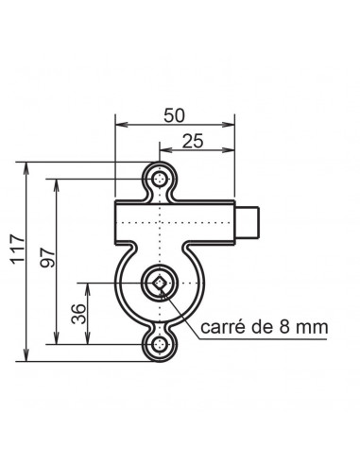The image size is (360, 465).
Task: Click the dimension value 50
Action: [174, 115]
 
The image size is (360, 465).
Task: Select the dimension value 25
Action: [193, 141]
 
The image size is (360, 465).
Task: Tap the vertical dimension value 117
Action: [18, 249]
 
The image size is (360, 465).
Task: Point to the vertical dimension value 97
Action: [47, 257]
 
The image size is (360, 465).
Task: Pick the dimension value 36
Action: [78, 314]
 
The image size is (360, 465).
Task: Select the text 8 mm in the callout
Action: [303, 327]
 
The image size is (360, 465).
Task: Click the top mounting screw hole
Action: [161, 180]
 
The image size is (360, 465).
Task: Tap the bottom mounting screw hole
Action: [161, 345]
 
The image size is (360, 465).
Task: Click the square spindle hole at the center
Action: [160, 284]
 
